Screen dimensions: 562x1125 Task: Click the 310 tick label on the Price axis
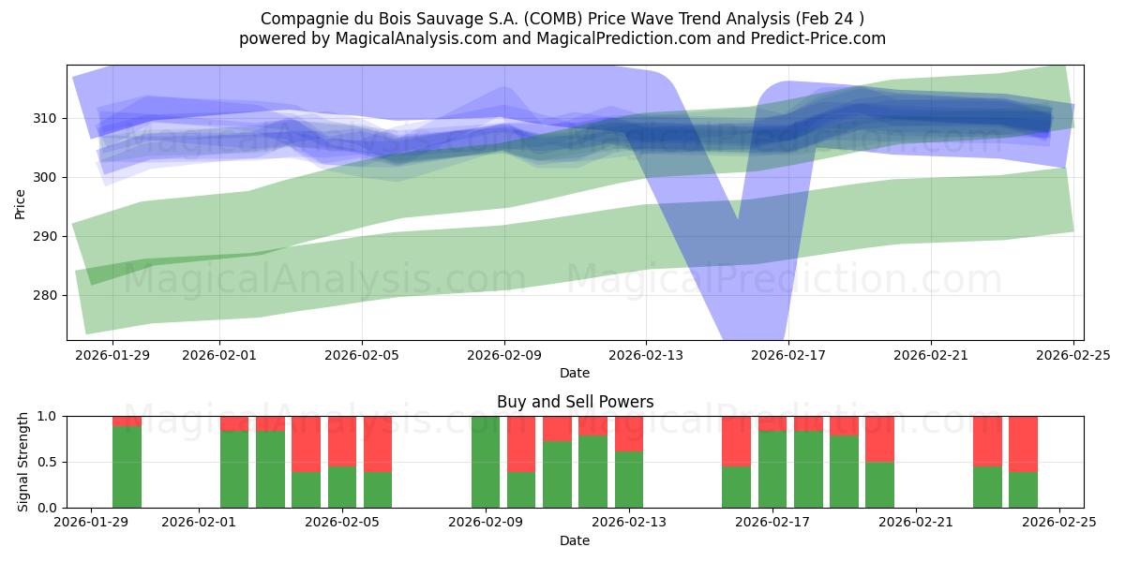pyautogui.click(x=46, y=118)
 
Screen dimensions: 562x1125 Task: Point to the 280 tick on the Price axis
pyautogui.click(x=46, y=295)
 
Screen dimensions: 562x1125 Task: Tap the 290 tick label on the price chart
pyautogui.click(x=46, y=236)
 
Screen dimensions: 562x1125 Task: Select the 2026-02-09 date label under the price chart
pyautogui.click(x=504, y=355)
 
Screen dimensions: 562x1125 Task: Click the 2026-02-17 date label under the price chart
pyautogui.click(x=788, y=355)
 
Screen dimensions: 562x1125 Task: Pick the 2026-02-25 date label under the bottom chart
pyautogui.click(x=1058, y=523)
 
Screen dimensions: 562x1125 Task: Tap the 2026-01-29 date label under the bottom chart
pyautogui.click(x=91, y=523)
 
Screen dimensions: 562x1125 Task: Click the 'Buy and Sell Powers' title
pyautogui.click(x=575, y=402)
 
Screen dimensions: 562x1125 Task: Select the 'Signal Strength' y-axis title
pyautogui.click(x=23, y=462)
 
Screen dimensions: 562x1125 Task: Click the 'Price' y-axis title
pyautogui.click(x=21, y=202)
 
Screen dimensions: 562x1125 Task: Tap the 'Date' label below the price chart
pyautogui.click(x=575, y=373)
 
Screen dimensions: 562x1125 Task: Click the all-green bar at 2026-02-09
pyautogui.click(x=486, y=462)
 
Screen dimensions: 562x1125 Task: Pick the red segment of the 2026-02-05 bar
pyautogui.click(x=342, y=440)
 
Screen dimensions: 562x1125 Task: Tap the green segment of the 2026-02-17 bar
pyautogui.click(x=772, y=469)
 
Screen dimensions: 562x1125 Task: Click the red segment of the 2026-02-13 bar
pyautogui.click(x=629, y=433)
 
